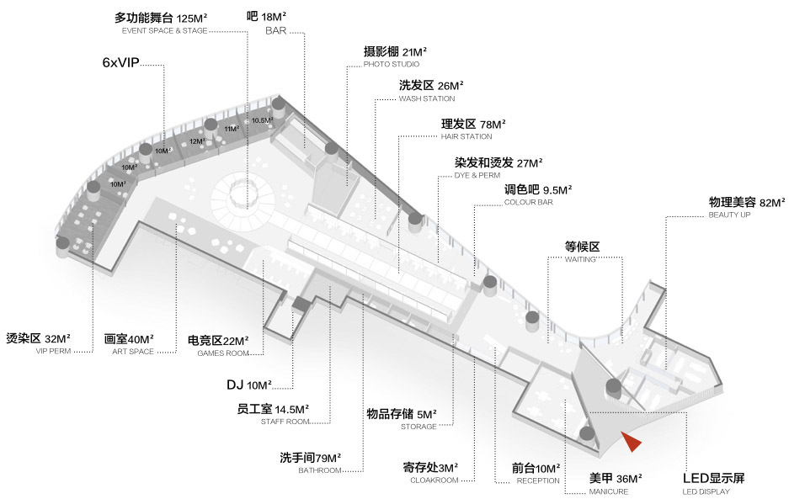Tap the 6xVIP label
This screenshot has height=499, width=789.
pos(120,63)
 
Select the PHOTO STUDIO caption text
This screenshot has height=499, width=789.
pos(391,64)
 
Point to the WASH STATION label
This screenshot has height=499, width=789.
pos(426,98)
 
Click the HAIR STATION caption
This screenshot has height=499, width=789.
pos(466,136)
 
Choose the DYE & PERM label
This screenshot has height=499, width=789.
pos(477,175)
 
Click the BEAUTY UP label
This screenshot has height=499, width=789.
pos(728,215)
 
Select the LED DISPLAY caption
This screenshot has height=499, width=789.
pos(706,491)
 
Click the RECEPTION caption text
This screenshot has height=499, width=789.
pos(536,480)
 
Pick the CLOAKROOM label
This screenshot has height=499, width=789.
pos(434,480)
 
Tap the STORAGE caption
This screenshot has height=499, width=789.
pos(418,427)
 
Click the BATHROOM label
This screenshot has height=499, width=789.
pos(320,470)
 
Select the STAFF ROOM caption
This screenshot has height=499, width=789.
pos(286,422)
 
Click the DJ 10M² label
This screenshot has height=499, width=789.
pos(248,385)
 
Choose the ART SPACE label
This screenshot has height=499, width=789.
pos(133,352)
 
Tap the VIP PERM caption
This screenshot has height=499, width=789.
pos(55,352)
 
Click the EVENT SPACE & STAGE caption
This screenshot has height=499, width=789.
pos(159,30)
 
